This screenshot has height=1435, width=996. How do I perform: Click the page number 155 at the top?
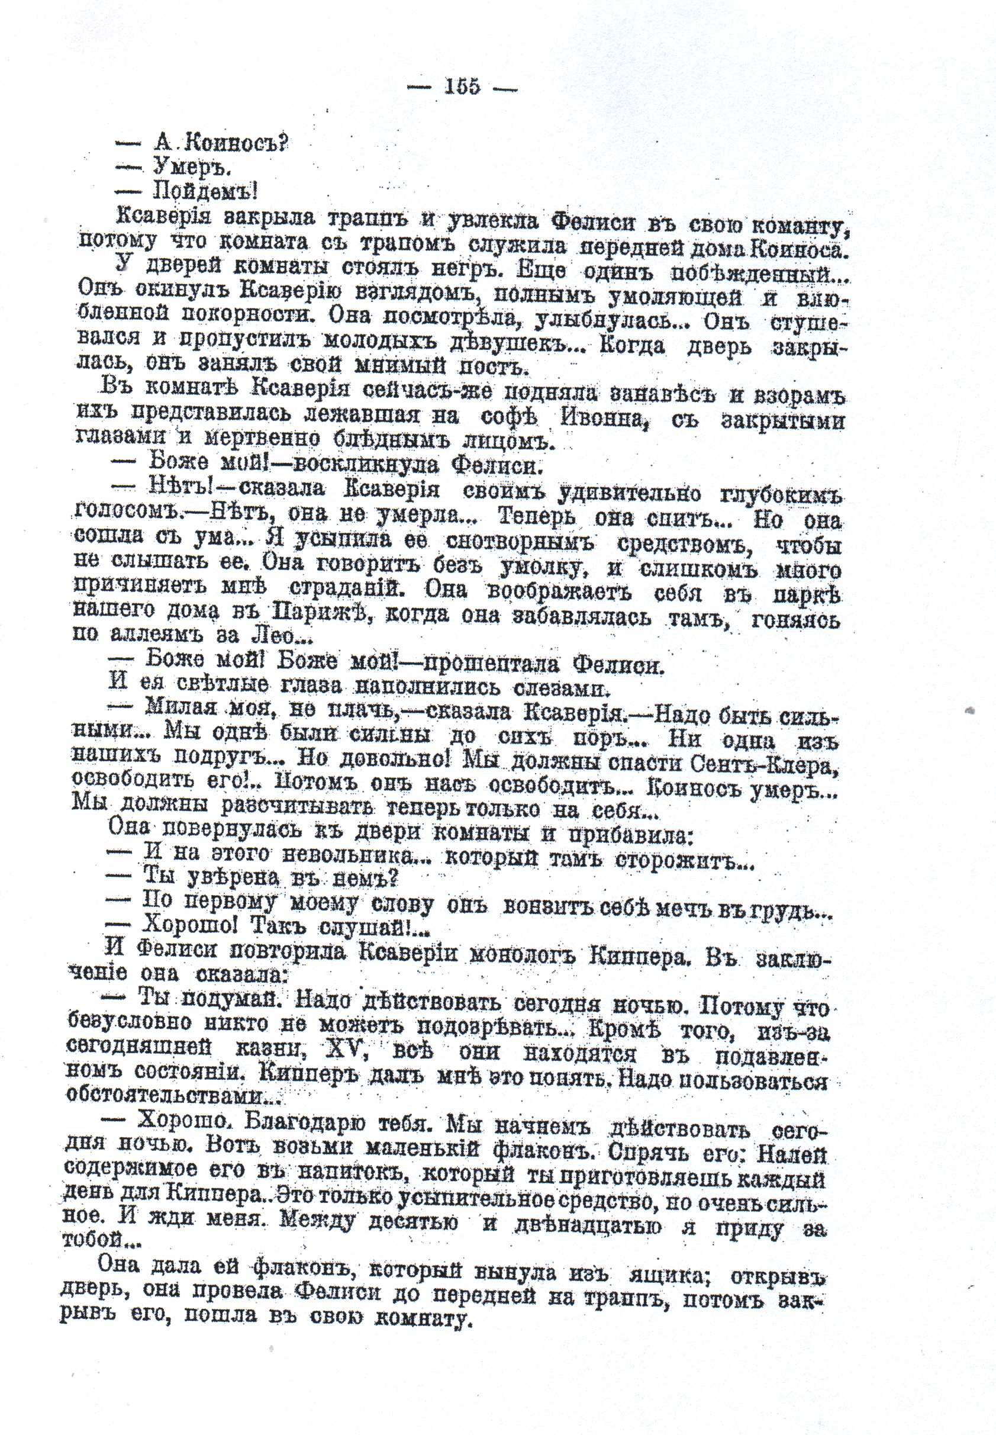coord(462,86)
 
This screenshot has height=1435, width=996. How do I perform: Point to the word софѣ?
coord(509,417)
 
